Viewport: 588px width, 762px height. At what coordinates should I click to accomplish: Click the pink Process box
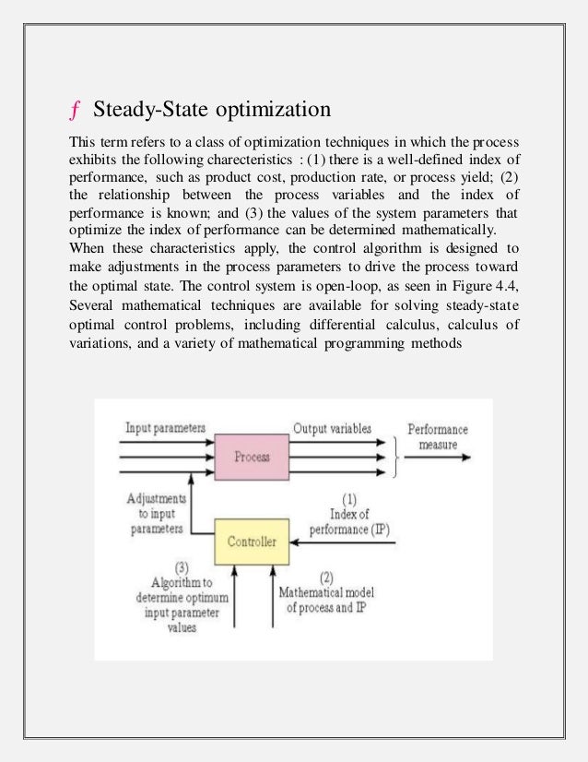pyautogui.click(x=252, y=457)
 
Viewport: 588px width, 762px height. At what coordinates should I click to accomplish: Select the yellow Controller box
pyautogui.click(x=251, y=542)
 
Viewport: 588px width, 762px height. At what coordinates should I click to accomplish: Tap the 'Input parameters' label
pyautogui.click(x=165, y=429)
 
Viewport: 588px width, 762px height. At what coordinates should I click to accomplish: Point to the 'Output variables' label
pyautogui.click(x=333, y=429)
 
